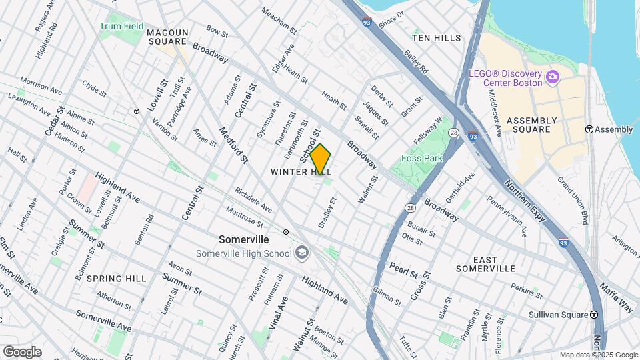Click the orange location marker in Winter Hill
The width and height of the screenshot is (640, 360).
click(320, 159)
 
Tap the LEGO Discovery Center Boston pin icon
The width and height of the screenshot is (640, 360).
click(552, 77)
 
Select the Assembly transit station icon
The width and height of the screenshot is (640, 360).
click(589, 129)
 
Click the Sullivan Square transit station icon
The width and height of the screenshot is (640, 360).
click(593, 315)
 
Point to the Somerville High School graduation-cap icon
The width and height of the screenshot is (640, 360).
click(303, 253)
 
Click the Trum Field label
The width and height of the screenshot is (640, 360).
click(122, 27)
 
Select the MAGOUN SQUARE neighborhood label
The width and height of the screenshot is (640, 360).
click(167, 37)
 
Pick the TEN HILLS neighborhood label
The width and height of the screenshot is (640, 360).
click(437, 38)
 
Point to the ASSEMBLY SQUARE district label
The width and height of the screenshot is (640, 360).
click(531, 125)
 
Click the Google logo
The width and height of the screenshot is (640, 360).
click(22, 351)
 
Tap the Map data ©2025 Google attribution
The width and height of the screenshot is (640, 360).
click(598, 355)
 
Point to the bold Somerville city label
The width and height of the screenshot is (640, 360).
click(244, 239)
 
